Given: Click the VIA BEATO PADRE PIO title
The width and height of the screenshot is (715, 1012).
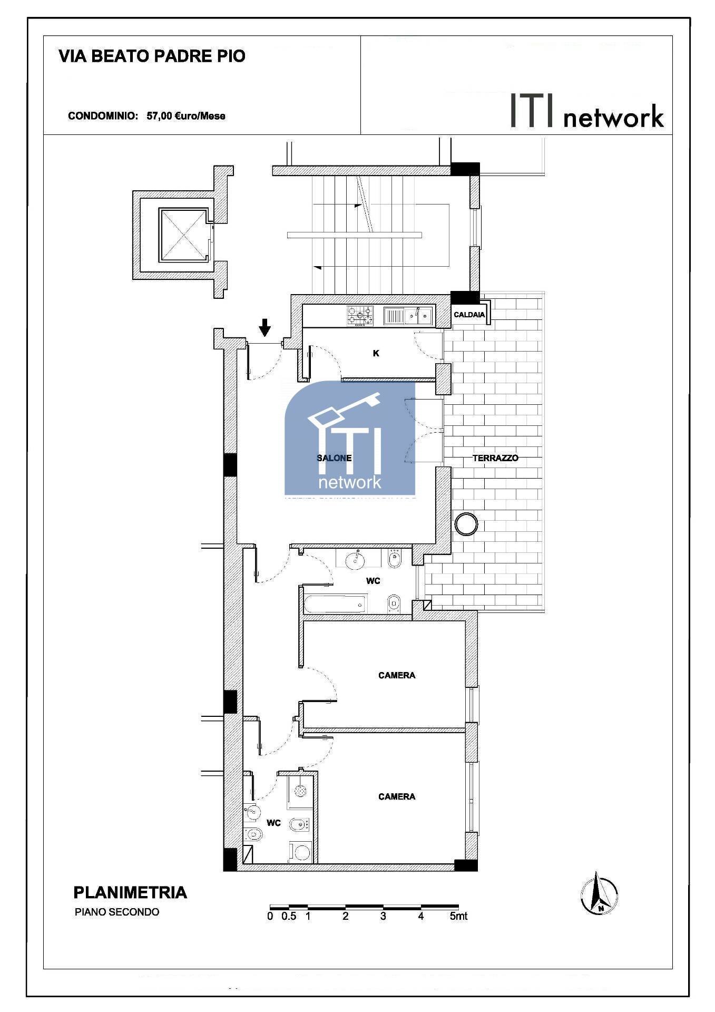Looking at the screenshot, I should tap(152, 56).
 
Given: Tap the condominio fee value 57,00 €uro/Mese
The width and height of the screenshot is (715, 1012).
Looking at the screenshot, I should tap(185, 116).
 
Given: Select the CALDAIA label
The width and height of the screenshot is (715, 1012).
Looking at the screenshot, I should tap(469, 315).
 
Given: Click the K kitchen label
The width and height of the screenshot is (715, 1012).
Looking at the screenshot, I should tap(376, 353).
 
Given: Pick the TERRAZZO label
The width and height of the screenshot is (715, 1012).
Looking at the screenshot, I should tap(495, 458).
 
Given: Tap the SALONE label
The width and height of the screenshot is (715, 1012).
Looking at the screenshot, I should tap(334, 458).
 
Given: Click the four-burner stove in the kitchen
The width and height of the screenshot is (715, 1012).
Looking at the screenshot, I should tap(360, 316).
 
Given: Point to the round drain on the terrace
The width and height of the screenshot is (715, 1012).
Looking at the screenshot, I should tap(466, 524).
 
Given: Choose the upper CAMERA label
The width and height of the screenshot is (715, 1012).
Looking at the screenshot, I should tap(397, 675).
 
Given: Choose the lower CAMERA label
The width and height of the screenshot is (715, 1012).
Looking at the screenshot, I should tap(397, 796).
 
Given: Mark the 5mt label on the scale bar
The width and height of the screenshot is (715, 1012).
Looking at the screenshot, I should tap(458, 916).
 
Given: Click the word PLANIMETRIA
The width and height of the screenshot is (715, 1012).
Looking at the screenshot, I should tap(130, 892).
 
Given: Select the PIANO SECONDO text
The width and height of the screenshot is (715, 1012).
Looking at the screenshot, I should tap(117, 912).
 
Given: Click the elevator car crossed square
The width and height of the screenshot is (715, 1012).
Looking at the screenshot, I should tap(182, 235).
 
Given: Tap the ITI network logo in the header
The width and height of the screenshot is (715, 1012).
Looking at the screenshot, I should tap(587, 112).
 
